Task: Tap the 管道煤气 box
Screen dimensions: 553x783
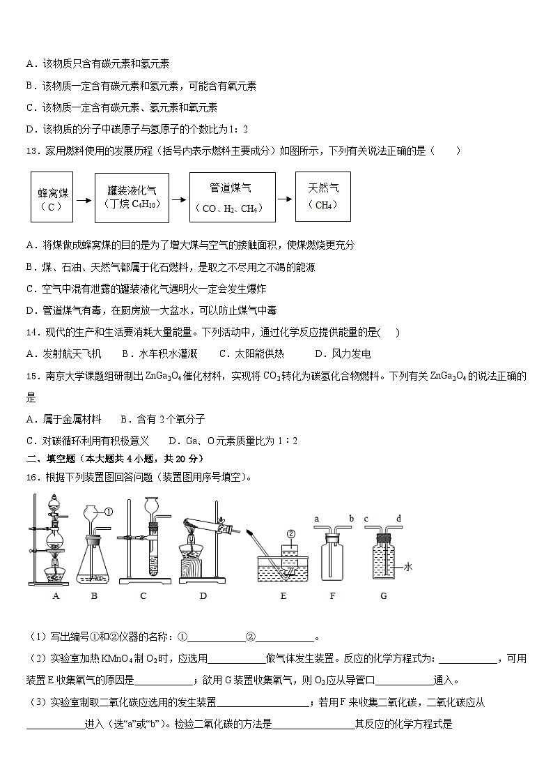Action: pyautogui.click(x=232, y=197)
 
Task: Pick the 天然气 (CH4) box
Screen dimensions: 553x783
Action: pyautogui.click(x=322, y=196)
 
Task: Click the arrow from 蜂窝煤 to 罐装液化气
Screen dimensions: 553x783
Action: pyautogui.click(x=84, y=200)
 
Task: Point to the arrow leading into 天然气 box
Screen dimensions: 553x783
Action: pyautogui.click(x=286, y=199)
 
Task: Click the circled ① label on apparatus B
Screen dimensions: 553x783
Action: pyautogui.click(x=109, y=512)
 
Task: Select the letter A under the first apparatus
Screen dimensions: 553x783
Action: pyautogui.click(x=56, y=596)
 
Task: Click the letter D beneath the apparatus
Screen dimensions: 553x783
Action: pyautogui.click(x=203, y=596)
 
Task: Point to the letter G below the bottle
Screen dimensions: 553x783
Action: pyautogui.click(x=383, y=596)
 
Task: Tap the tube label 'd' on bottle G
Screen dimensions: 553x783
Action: pyautogui.click(x=398, y=519)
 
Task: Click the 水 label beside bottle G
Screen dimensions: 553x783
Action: pyautogui.click(x=408, y=568)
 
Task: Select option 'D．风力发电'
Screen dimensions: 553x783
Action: pyautogui.click(x=343, y=354)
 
